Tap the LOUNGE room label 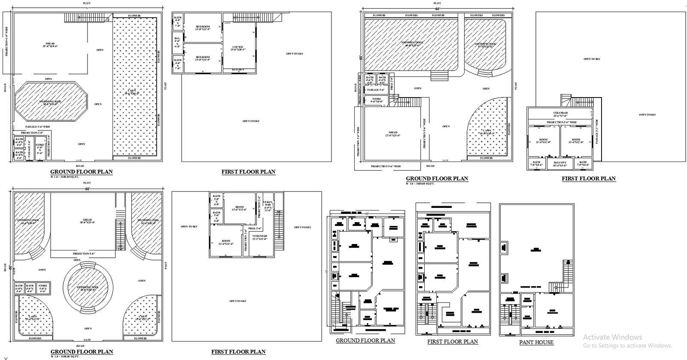pyautogui.click(x=238, y=48)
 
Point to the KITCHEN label pyautogui.click(x=238, y=70)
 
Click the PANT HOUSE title pyautogui.click(x=536, y=342)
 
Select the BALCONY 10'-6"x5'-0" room pyautogui.click(x=560, y=164)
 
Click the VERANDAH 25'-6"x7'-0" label pyautogui.click(x=560, y=114)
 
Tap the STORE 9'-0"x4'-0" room pyautogui.click(x=377, y=100)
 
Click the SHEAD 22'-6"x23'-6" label pyautogui.click(x=392, y=134)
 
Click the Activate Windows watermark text pyautogui.click(x=612, y=337)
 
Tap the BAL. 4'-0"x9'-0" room pyautogui.click(x=177, y=42)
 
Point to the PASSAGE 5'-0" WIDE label pyautogui.click(x=38, y=127)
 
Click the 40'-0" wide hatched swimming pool pyautogui.click(x=411, y=43)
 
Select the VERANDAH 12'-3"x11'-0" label pyautogui.click(x=260, y=237)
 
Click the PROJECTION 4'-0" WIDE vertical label pyautogui.click(x=6, y=42)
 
